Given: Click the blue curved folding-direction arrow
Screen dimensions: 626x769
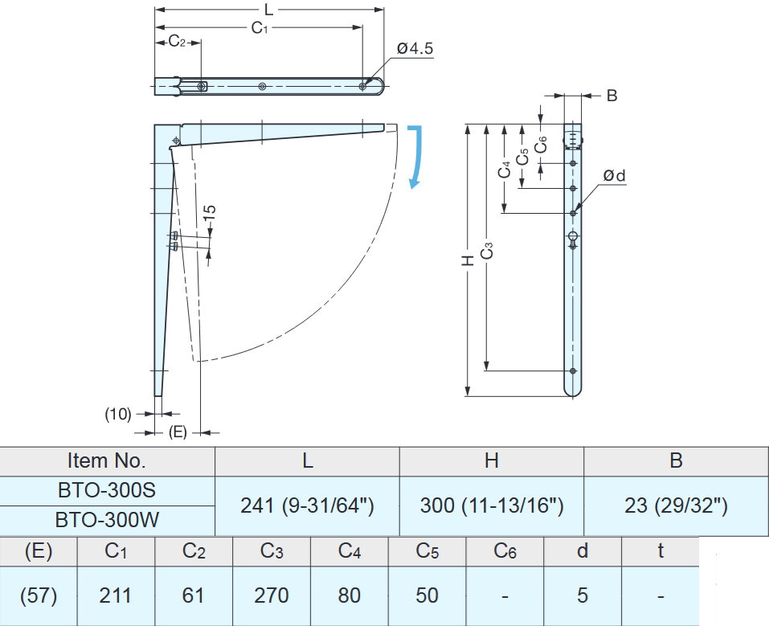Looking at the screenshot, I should pos(415,157).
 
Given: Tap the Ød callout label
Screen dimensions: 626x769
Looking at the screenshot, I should pos(615,175).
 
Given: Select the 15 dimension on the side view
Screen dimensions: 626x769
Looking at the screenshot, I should pos(209,214).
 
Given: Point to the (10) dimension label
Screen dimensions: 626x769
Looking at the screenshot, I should pos(118,414).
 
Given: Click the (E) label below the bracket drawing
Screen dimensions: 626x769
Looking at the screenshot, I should pos(178,432).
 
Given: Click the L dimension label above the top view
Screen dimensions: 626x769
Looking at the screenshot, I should pos(269,10).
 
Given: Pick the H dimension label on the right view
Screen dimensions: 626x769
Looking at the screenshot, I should pos(467,260).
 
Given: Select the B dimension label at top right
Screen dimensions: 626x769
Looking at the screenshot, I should pos(612,96).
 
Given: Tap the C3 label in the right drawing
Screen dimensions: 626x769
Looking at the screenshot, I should pos(486,251).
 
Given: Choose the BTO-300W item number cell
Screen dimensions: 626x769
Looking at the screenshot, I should pos(108,520).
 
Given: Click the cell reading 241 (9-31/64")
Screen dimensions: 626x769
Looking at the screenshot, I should pos(308,505).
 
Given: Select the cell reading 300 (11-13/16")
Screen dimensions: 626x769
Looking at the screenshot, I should pos(491,505).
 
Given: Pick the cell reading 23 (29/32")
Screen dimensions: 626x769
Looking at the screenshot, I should pos(676,505).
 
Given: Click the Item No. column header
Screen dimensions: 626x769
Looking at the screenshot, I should pos(108,460).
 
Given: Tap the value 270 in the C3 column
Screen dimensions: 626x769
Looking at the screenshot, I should pos(272,595).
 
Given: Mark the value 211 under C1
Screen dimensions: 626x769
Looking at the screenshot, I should pos(116,595).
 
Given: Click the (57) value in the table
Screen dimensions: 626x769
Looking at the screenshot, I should pos(39,595).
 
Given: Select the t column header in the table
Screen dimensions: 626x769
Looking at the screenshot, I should pos(660,551).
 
